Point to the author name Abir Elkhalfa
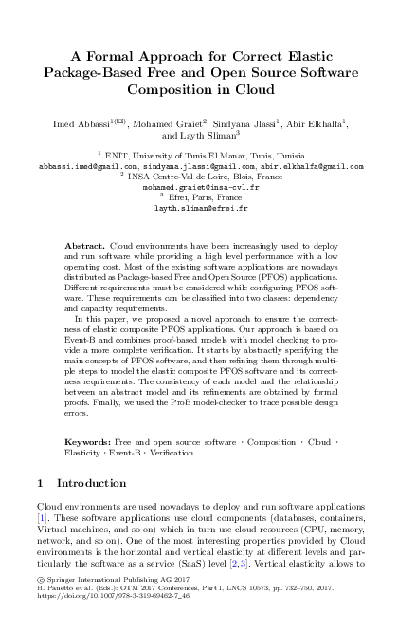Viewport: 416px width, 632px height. pyautogui.click(x=315, y=122)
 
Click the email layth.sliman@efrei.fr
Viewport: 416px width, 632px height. pyautogui.click(x=208, y=207)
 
